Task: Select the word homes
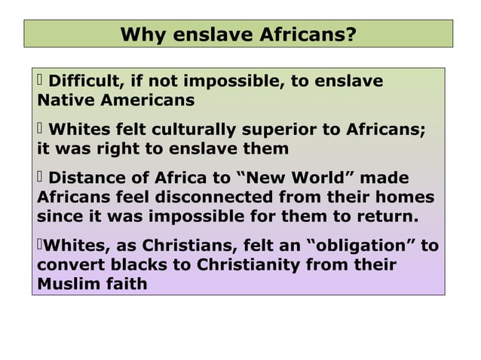pyautogui.click(x=407, y=197)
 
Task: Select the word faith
pyautogui.click(x=125, y=285)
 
